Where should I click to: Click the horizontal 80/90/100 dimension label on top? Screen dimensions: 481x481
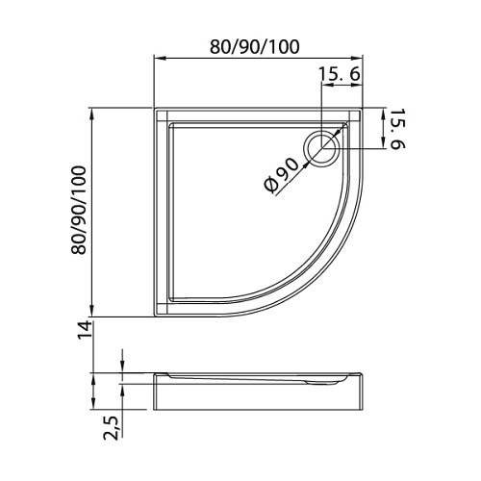tap(255, 47)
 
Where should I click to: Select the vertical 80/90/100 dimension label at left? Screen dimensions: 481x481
tap(79, 210)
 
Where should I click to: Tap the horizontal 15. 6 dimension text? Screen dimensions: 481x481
tap(340, 74)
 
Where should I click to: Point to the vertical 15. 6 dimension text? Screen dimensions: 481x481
tap(397, 129)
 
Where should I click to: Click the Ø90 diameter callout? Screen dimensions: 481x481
tap(282, 176)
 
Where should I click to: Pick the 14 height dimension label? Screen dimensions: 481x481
tap(85, 329)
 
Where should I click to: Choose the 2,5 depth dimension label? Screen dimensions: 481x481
tap(111, 427)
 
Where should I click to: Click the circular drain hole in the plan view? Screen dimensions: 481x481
tap(321, 149)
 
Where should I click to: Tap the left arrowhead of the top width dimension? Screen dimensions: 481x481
tap(160, 59)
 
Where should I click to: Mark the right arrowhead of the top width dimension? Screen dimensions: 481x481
tap(357, 59)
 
